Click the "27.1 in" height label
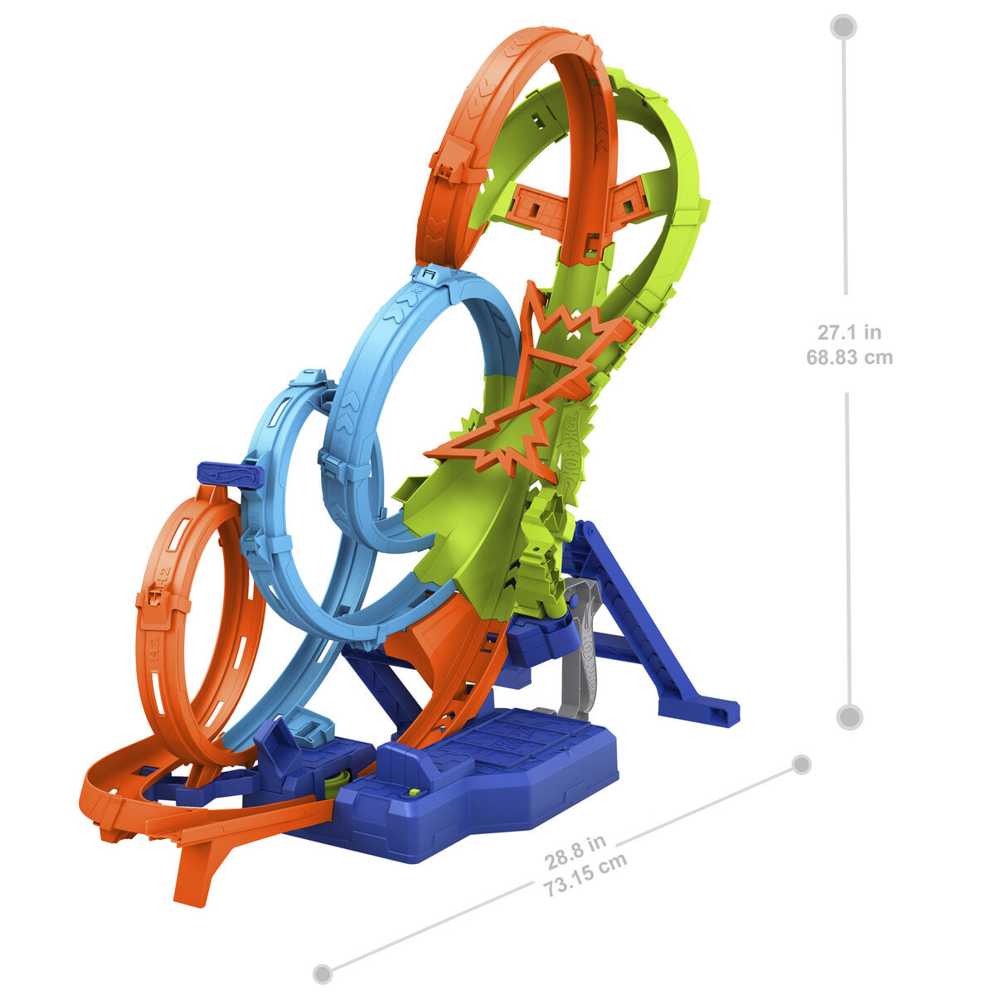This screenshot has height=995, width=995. pyautogui.click(x=849, y=332)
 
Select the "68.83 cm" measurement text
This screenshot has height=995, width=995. pyautogui.click(x=849, y=357)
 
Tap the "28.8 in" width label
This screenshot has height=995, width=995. pyautogui.click(x=575, y=853)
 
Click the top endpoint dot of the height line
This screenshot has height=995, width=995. pyautogui.click(x=844, y=27)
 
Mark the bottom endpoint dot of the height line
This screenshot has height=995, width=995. pyautogui.click(x=849, y=716)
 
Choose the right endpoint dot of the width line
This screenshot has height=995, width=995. pyautogui.click(x=801, y=764)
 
